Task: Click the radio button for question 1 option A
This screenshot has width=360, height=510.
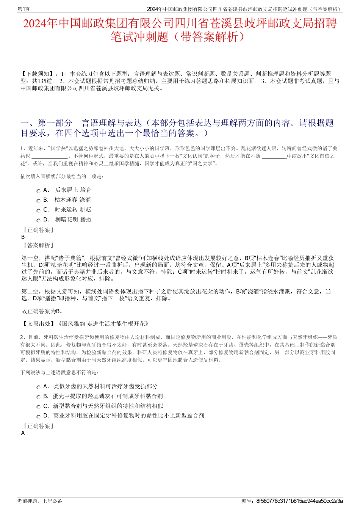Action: coord(38,191)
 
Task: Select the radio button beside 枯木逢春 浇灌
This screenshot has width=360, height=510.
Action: coord(38,201)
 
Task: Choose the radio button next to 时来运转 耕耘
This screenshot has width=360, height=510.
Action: coord(38,211)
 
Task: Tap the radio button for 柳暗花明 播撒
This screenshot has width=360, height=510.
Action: coord(38,221)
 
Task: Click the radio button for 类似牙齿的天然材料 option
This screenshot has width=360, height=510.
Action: coord(38,388)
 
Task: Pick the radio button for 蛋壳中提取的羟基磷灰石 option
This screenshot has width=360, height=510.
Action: coord(38,397)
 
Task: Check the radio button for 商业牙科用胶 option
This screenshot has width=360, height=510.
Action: coord(38,417)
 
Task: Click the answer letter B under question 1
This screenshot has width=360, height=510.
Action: coord(23,237)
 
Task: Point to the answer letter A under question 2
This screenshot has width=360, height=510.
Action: coord(23,433)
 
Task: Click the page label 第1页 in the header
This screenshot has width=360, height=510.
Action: coord(24,9)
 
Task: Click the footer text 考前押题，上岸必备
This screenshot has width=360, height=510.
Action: coord(40,501)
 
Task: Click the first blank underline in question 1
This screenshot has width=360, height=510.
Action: coord(50,156)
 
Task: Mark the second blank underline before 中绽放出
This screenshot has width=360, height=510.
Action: coord(274,156)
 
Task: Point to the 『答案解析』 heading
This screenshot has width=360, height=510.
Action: coord(38,245)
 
